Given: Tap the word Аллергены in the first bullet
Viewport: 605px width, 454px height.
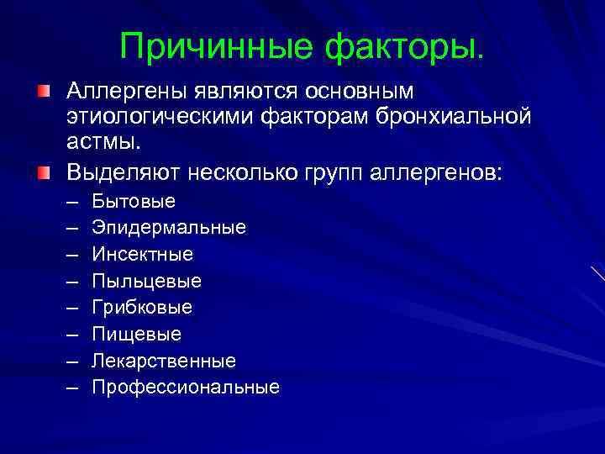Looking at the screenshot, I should [x=125, y=90].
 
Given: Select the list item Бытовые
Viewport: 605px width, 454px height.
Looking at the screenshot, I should [x=134, y=201].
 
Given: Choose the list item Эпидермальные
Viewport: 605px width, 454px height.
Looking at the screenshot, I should [x=169, y=228].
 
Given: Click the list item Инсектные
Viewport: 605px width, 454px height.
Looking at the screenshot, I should [x=143, y=254].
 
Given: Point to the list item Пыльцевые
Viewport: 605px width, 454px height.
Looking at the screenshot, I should [x=147, y=281].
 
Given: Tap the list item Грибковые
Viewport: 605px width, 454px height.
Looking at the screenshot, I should [x=143, y=307].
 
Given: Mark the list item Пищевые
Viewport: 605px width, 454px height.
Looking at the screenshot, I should [x=137, y=334].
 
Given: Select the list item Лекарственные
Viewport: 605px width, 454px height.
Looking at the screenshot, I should [x=164, y=361].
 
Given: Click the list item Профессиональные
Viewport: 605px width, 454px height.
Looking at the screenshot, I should [x=186, y=387].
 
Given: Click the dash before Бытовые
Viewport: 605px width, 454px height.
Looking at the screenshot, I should [x=73, y=201].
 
